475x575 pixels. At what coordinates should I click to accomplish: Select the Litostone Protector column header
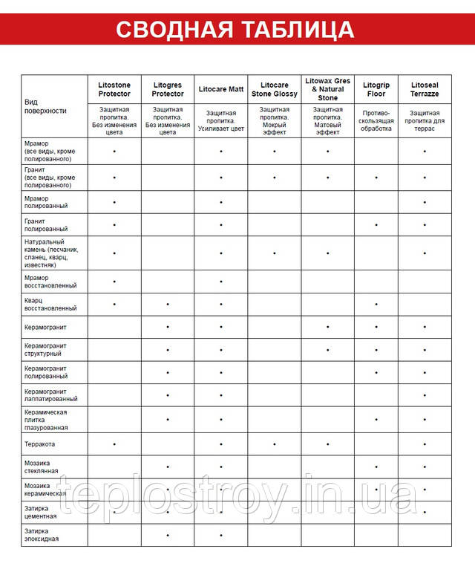coord(114,90)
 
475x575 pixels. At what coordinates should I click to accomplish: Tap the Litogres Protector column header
coord(168,90)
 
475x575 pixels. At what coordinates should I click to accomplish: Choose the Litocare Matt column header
coord(221,89)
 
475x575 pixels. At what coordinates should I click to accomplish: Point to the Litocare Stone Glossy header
coord(275,90)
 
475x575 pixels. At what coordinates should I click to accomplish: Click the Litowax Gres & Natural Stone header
coord(327,89)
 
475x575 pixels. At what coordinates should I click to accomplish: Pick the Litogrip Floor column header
coord(376,90)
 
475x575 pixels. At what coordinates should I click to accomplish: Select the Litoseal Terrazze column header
coord(425,90)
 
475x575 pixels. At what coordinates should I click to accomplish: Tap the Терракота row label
coord(40,444)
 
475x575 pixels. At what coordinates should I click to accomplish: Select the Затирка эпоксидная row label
coord(42,535)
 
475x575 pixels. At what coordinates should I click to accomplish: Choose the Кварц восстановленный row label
coord(50,304)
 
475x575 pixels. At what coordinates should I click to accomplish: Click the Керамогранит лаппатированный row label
coord(50,394)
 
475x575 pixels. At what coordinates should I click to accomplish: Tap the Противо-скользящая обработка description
coord(376,120)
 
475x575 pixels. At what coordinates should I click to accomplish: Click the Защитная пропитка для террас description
coord(425,120)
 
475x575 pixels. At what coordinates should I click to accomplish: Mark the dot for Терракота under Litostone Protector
coord(114,444)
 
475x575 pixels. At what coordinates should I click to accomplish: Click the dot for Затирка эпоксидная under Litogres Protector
coord(168,535)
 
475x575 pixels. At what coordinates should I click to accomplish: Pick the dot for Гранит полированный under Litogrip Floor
coord(376,224)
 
